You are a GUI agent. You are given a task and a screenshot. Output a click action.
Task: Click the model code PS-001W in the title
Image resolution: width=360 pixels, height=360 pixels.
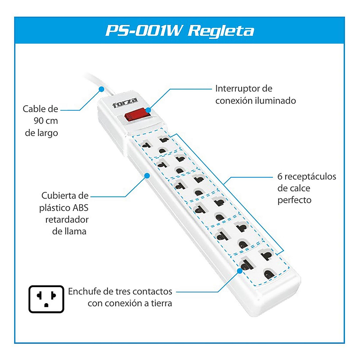[144, 31]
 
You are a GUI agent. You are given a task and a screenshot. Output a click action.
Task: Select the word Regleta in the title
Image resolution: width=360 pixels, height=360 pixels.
[221, 31]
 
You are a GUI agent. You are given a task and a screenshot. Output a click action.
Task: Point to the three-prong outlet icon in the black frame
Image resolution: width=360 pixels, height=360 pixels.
[46, 299]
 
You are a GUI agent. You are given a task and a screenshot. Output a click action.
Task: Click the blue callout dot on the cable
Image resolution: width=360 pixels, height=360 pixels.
[100, 89]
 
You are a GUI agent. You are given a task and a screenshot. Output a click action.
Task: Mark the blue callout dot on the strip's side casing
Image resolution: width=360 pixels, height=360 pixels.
[147, 176]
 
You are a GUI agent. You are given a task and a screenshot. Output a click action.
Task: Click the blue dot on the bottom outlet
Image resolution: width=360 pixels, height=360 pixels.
[240, 269]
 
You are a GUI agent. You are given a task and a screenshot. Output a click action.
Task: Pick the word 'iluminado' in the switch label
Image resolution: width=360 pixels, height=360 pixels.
[277, 100]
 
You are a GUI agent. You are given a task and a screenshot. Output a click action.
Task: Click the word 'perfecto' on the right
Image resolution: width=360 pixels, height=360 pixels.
[295, 200]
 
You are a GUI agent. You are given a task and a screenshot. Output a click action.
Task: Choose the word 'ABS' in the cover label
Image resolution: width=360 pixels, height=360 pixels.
[79, 207]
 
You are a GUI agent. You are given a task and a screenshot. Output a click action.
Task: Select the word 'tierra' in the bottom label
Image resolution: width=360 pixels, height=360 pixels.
[160, 303]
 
